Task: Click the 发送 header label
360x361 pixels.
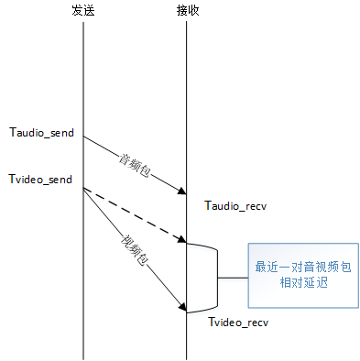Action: tap(82, 10)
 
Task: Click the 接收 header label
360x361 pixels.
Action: tap(187, 10)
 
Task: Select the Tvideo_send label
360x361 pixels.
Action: tap(39, 178)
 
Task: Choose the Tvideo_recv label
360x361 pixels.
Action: tap(237, 323)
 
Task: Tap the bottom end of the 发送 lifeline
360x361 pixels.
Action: tap(82, 356)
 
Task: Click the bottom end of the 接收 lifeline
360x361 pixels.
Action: tap(187, 356)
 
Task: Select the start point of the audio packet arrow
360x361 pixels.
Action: tap(83, 137)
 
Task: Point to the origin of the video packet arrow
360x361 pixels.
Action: tap(83, 189)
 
